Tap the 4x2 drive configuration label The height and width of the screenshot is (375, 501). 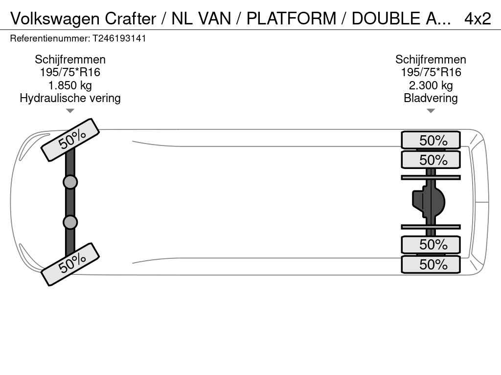[478, 19]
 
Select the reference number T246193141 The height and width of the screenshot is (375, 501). [119, 39]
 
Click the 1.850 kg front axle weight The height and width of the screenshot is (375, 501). [70, 85]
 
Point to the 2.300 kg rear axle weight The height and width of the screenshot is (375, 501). [431, 85]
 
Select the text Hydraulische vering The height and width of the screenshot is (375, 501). [70, 98]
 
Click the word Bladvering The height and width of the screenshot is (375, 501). [431, 98]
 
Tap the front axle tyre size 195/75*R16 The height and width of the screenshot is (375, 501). [70, 72]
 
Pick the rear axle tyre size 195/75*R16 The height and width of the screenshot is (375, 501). [431, 72]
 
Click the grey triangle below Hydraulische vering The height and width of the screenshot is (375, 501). [70, 111]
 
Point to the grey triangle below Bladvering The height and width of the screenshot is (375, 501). [431, 111]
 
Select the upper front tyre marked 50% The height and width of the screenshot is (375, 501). [70, 140]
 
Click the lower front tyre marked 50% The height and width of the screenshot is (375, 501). [70, 264]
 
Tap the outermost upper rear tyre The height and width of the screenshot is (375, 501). [431, 140]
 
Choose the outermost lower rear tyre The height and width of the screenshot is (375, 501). [431, 264]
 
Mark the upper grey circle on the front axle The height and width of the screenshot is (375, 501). [70, 183]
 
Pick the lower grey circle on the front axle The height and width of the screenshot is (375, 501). [70, 222]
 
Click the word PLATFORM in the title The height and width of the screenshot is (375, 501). [292, 19]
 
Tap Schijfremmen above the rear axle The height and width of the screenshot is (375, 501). [431, 60]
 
